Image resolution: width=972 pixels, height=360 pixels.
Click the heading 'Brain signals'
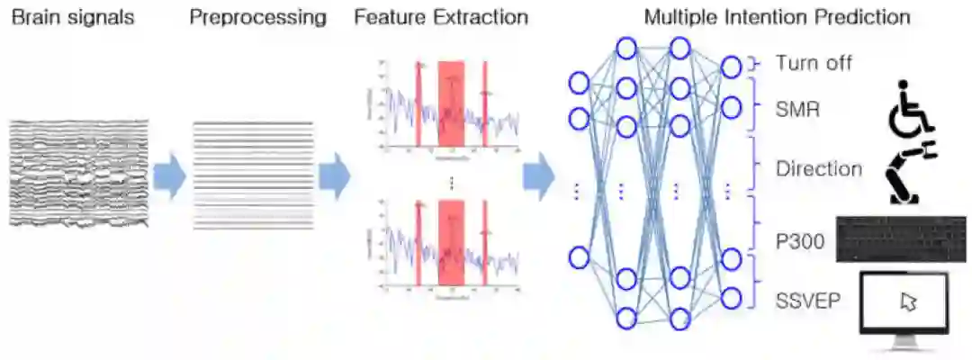[72, 17]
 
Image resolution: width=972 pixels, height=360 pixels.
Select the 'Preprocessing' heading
[257, 17]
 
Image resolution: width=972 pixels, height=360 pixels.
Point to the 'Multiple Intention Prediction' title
[777, 17]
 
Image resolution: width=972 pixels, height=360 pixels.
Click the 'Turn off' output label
[814, 64]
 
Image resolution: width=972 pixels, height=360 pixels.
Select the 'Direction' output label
[819, 169]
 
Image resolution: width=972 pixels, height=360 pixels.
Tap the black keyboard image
[901, 239]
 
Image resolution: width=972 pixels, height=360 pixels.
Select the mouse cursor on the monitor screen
[908, 301]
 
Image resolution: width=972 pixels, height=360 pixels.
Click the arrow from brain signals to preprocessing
[168, 176]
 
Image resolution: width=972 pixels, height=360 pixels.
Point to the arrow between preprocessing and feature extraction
[334, 176]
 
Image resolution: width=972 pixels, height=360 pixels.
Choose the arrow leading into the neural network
[538, 176]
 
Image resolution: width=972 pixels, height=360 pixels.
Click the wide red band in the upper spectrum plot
[451, 103]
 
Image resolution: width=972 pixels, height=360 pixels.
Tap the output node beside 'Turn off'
[732, 65]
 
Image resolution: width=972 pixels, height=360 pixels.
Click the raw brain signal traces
[78, 175]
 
